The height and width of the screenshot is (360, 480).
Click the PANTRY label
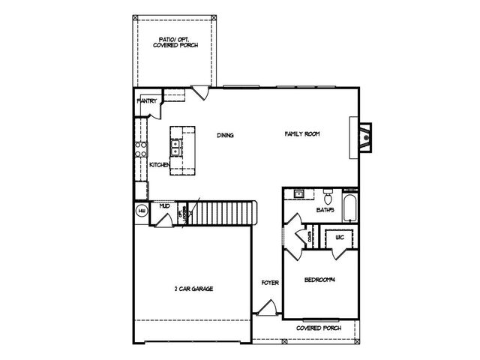[145, 100]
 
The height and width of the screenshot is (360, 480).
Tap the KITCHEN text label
[160, 164]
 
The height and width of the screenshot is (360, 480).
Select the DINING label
[226, 136]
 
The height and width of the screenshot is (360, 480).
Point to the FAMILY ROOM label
[302, 134]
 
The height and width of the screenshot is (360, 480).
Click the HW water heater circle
[141, 211]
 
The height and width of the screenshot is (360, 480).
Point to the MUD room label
[163, 205]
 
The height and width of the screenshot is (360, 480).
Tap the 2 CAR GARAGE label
[193, 288]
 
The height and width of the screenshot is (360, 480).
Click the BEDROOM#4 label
[319, 280]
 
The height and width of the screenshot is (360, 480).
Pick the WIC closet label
[339, 237]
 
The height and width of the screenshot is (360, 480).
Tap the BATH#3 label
[325, 211]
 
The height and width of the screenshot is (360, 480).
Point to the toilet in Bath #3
[328, 194]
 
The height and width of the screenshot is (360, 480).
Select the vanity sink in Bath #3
[298, 194]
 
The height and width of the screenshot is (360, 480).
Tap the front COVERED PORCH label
[319, 328]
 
